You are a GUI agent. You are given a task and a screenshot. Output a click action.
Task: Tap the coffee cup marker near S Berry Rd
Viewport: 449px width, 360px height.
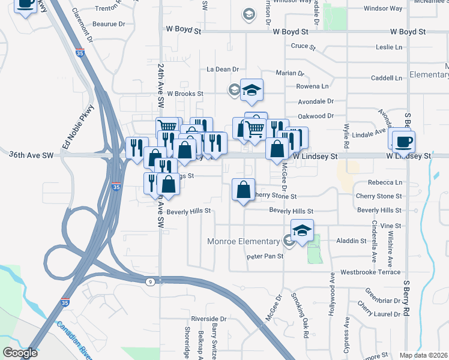[x=403, y=142]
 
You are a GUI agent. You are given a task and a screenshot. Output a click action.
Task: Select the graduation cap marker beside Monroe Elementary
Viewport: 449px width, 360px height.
[x=303, y=230]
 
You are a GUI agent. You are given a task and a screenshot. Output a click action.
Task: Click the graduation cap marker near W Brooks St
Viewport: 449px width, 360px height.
[x=252, y=91]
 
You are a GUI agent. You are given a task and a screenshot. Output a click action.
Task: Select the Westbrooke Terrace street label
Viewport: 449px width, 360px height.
[x=370, y=272]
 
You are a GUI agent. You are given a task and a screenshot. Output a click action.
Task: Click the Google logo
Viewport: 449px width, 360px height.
[x=20, y=353]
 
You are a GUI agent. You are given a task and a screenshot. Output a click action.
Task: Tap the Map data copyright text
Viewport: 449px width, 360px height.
[x=423, y=355]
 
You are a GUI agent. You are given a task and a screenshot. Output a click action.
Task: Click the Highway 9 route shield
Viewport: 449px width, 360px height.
[x=149, y=281]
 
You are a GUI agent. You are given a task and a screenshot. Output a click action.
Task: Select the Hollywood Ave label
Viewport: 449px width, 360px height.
[x=331, y=298]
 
